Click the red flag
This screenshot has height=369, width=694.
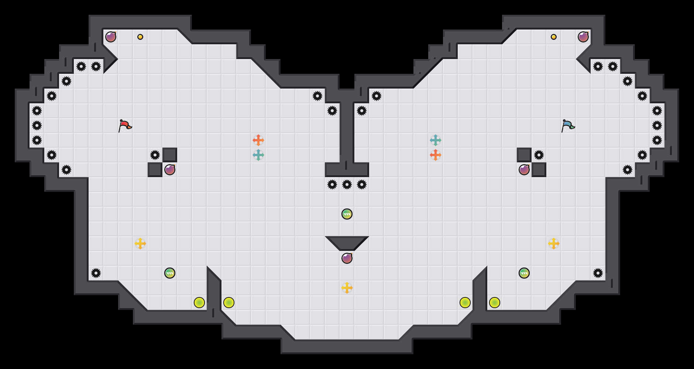click(x=125, y=125)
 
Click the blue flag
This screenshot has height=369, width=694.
click(x=568, y=125)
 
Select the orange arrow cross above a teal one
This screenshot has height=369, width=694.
click(x=258, y=140)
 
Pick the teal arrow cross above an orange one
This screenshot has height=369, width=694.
click(x=436, y=140)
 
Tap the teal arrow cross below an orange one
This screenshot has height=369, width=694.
click(x=258, y=155)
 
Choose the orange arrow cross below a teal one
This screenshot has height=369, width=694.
click(x=436, y=155)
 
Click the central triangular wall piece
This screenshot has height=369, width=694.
click(x=347, y=242)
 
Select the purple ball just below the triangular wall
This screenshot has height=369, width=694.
click(x=347, y=258)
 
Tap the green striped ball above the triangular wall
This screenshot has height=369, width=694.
click(x=347, y=214)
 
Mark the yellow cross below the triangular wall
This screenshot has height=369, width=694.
click(x=347, y=288)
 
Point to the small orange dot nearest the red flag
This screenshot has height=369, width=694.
click(x=140, y=37)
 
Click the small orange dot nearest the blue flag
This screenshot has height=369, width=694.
click(x=554, y=37)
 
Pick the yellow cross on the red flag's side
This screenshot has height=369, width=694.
click(x=140, y=244)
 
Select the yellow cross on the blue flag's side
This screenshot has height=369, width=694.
click(x=554, y=244)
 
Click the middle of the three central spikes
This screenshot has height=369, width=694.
click(x=347, y=184)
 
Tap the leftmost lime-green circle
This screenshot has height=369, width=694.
click(x=199, y=303)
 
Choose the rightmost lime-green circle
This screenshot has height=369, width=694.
click(x=495, y=303)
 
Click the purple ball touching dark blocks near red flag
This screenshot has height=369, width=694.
click(x=170, y=170)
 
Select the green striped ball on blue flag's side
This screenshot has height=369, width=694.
click(x=524, y=273)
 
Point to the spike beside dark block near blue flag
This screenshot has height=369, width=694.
click(x=539, y=155)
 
